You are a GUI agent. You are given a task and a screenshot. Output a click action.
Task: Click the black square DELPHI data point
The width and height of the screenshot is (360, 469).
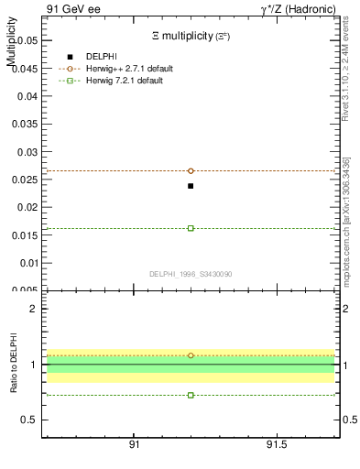coord(191,186)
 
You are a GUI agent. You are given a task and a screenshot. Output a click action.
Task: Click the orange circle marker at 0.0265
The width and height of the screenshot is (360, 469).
coord(191,170)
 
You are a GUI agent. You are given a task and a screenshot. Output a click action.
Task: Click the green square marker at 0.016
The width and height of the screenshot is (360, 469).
coord(191,228)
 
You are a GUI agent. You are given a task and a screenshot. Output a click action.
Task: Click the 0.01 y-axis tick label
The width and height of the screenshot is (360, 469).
coord(25,263)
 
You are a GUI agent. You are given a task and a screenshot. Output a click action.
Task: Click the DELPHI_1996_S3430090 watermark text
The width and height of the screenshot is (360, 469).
coord(190,274)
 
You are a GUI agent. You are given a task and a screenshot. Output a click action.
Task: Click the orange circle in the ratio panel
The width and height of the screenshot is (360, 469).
coord(191,355)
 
